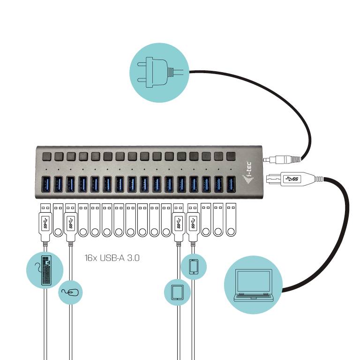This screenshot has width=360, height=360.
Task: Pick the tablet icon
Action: point(177,292)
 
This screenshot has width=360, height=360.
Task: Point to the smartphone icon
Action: point(194,267)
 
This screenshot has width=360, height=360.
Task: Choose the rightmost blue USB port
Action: point(231,183)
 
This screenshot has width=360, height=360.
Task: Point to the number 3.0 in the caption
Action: point(133,258)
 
